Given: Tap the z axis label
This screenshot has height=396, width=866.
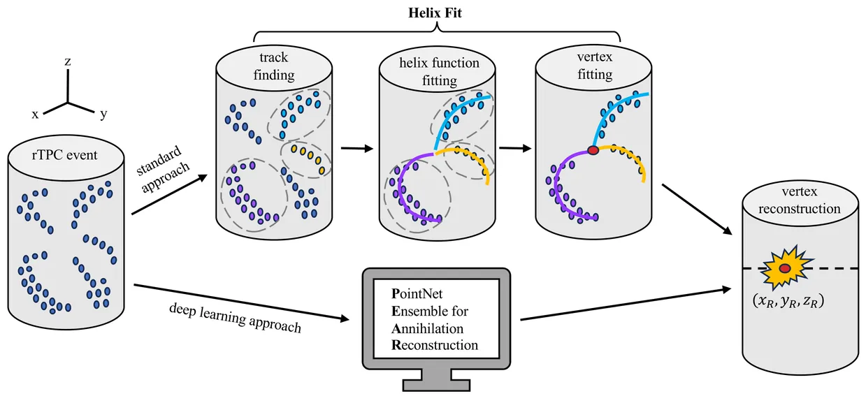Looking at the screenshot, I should tap(68, 61).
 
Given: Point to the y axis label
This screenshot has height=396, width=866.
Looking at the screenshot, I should tap(103, 115).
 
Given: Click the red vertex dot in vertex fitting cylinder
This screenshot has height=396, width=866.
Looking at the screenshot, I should tap(593, 150).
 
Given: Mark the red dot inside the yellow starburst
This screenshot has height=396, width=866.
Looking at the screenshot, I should tap(786, 269).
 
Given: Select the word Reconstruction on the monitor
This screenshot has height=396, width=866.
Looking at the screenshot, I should tap(426, 345).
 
